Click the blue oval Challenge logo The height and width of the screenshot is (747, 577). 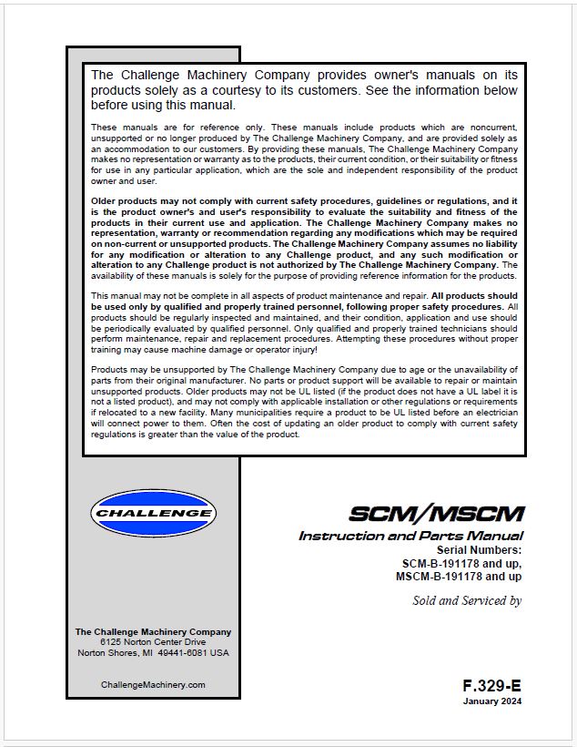153,514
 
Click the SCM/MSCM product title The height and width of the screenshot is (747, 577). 437,513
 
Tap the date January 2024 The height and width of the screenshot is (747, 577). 491,701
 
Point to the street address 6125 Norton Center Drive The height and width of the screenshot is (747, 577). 153,642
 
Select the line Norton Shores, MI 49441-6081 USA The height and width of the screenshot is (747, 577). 153,653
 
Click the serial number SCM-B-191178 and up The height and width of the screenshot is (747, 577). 456,563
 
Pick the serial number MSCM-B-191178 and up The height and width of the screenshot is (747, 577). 459,577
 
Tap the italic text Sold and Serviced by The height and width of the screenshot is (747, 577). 467,600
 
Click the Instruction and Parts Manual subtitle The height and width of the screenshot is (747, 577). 410,536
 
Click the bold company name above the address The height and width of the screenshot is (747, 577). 153,631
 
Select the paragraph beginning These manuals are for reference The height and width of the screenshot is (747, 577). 304,153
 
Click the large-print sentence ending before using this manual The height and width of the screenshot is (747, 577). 304,89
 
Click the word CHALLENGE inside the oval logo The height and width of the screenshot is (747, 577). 153,514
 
